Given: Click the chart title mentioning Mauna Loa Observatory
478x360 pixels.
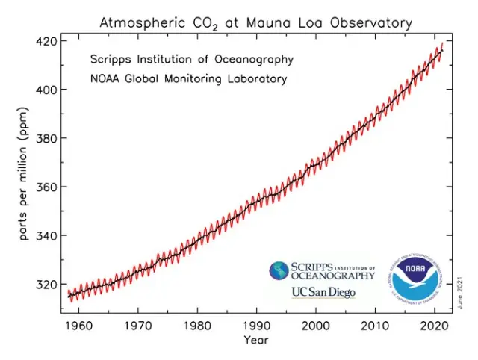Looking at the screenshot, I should coord(255,22).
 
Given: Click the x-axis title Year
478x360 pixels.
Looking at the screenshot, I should coord(255,341).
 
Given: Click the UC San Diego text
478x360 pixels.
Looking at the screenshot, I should coord(323,292).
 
